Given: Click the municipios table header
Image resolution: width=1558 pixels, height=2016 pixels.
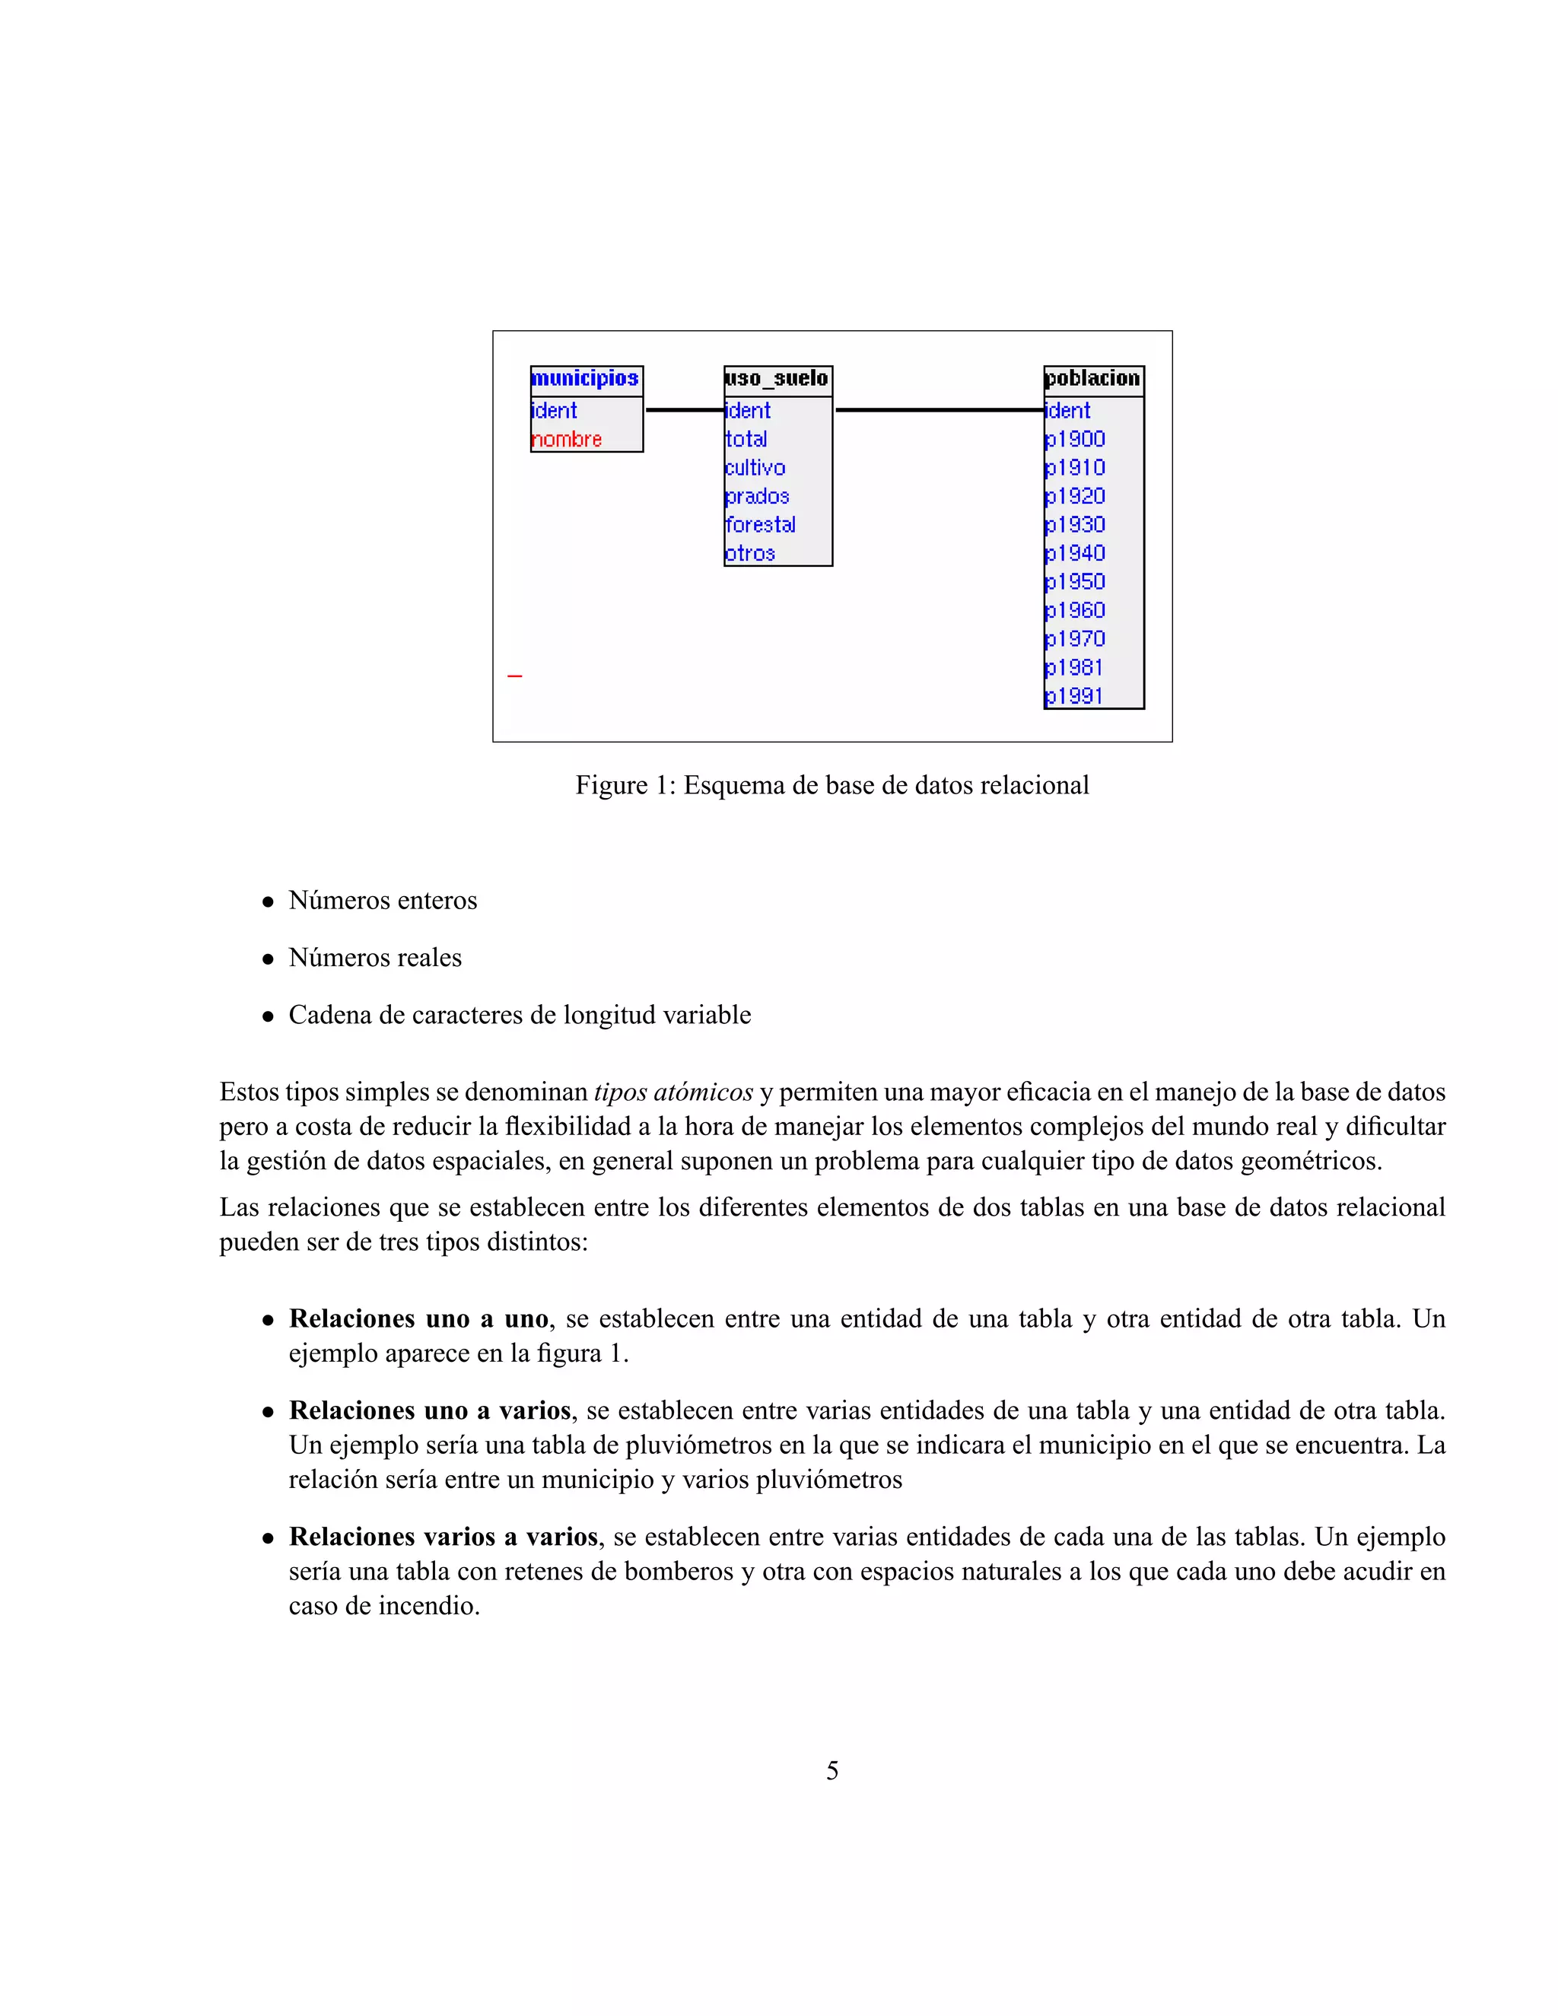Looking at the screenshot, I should click(x=585, y=378).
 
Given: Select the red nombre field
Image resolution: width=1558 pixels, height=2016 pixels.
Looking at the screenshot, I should click(x=567, y=440).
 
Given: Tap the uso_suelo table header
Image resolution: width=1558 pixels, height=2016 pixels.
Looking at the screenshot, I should click(x=777, y=378).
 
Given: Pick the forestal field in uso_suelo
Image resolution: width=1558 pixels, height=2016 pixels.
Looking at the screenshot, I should click(x=761, y=524).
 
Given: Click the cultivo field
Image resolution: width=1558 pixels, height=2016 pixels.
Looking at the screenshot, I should click(x=755, y=468).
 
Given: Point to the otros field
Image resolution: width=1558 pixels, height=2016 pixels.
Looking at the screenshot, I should click(x=749, y=553).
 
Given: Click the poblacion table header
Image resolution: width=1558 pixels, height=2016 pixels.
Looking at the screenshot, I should click(x=1093, y=378).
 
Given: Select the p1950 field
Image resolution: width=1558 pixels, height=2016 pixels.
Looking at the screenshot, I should click(x=1075, y=581).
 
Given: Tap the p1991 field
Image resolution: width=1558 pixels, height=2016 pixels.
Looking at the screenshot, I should click(x=1073, y=696).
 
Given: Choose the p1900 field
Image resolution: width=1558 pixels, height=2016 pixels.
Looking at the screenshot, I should click(x=1075, y=440).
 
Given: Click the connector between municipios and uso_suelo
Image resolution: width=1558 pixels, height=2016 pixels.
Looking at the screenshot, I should click(x=684, y=410).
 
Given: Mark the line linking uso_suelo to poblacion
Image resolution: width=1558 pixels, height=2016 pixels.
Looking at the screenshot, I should click(x=939, y=410).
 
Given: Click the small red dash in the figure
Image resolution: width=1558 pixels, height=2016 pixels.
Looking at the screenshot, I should click(x=515, y=676).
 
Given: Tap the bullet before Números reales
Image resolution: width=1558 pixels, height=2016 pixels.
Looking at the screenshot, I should click(x=269, y=959).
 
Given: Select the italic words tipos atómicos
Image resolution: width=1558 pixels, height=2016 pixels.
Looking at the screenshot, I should click(x=672, y=1092).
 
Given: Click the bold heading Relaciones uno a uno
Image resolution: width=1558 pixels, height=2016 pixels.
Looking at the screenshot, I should click(x=419, y=1319).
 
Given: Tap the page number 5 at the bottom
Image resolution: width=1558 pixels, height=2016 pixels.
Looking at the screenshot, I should click(x=831, y=1770).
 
